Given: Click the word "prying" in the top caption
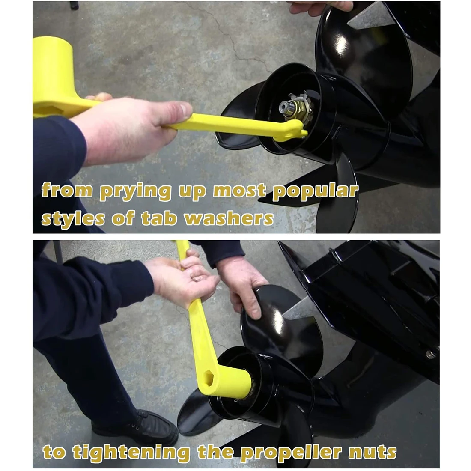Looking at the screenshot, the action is tap(135, 191).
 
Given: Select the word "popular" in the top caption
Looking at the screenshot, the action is tap(316, 191).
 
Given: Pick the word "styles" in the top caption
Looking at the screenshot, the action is tap(73, 219).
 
